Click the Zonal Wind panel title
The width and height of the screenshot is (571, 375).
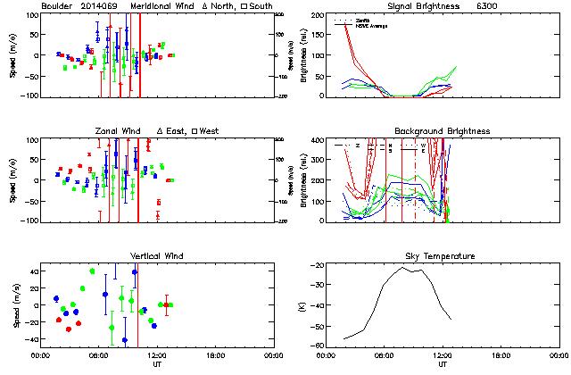124,131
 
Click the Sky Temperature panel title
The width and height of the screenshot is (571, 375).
443,256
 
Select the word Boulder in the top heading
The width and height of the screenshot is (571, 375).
60,6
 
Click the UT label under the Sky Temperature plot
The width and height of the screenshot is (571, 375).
443,364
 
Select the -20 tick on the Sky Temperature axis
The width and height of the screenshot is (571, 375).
317,265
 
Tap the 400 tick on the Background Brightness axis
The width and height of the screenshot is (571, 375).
317,140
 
